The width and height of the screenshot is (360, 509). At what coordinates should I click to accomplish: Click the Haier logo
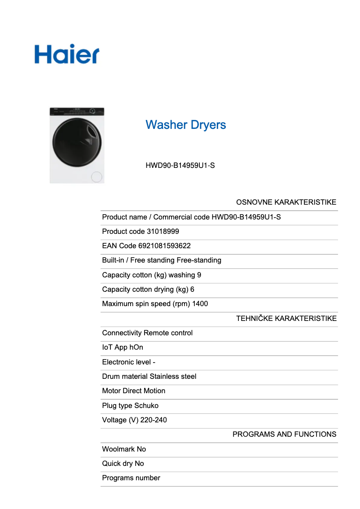pyautogui.click(x=67, y=54)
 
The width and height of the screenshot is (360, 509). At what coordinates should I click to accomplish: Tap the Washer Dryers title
pyautogui.click(x=186, y=125)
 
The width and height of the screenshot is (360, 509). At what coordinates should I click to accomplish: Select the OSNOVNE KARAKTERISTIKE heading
pyautogui.click(x=286, y=202)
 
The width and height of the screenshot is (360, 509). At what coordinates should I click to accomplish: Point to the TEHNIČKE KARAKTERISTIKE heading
pyautogui.click(x=286, y=319)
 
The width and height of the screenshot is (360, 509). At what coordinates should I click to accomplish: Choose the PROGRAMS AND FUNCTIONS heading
pyautogui.click(x=284, y=434)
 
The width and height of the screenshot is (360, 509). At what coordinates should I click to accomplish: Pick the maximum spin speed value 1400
pyautogui.click(x=200, y=304)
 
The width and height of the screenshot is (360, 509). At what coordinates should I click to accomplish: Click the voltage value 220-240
pyautogui.click(x=154, y=420)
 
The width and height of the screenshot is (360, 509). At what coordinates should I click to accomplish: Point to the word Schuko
pyautogui.click(x=146, y=406)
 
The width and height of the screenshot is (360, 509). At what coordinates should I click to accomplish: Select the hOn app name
pyautogui.click(x=136, y=347)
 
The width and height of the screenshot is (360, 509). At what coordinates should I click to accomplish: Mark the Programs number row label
pyautogui.click(x=131, y=478)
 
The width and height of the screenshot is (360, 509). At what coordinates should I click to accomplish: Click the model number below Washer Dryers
pyautogui.click(x=180, y=166)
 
